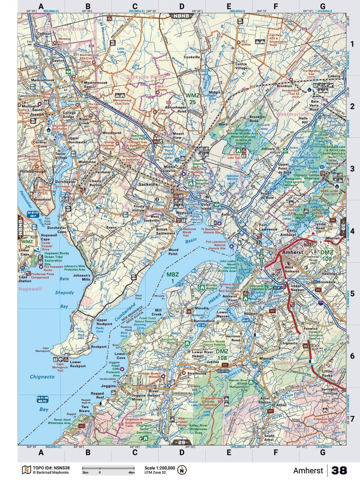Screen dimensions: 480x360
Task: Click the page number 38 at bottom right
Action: coord(339,471)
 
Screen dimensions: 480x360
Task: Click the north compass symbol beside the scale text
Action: coord(182,470)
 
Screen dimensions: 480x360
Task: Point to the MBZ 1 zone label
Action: coord(172,277)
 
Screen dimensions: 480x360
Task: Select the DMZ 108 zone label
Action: coord(222,355)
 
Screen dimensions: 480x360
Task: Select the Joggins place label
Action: coord(108,386)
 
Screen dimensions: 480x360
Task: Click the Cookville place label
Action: coord(192,57)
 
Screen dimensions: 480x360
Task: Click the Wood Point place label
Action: coord(173,252)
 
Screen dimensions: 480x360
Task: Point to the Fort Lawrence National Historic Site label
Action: coord(216,245)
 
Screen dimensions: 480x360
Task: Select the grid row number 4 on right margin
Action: coord(352,231)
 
